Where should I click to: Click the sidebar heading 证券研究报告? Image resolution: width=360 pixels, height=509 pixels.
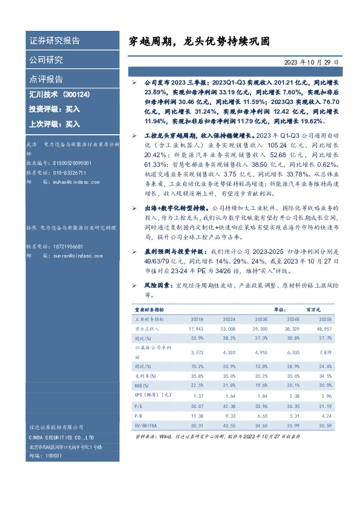pos(55,41)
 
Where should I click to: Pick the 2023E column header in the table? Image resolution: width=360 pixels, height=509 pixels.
pos(261,318)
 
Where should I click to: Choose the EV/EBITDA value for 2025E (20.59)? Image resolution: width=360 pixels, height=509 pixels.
pos(325,426)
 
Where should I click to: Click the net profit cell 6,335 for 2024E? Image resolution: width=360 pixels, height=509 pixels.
pos(293,352)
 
